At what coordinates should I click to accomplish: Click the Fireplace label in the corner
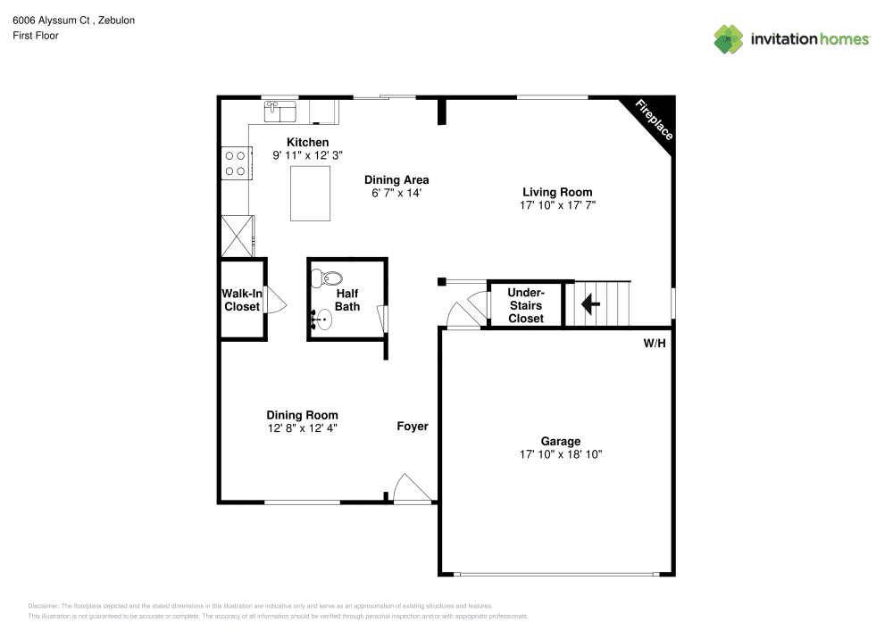tap(654, 120)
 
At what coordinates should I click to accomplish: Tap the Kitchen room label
tap(307, 143)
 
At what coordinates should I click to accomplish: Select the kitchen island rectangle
tap(310, 194)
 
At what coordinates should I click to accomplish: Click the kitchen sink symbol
tap(281, 112)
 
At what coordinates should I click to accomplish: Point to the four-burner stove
tap(235, 162)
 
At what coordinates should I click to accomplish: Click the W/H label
tap(655, 344)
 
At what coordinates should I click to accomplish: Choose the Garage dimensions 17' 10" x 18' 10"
tap(561, 454)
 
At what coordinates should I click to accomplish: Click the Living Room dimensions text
tap(557, 205)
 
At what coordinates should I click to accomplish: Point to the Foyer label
tap(413, 427)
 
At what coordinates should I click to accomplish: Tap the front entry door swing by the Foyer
tap(411, 488)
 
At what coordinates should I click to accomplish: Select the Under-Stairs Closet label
tap(525, 305)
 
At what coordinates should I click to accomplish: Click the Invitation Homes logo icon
tap(729, 39)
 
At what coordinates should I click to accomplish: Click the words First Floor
tap(36, 36)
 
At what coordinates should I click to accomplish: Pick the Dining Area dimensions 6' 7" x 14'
tap(396, 193)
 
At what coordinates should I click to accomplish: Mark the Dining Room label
tap(302, 415)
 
